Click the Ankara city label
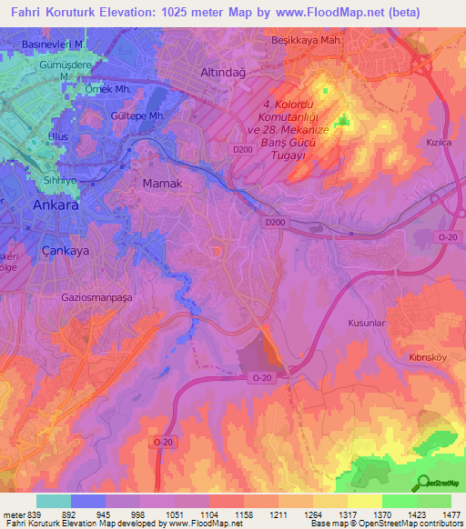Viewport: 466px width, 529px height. (x=56, y=205)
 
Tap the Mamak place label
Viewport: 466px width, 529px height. (x=164, y=184)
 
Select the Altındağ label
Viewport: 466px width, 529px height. (x=223, y=72)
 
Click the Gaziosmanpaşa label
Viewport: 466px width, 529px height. (x=98, y=297)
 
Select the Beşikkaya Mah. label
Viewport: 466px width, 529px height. (x=306, y=41)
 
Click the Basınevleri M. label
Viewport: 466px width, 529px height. (x=54, y=44)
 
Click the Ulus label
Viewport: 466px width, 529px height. (x=58, y=137)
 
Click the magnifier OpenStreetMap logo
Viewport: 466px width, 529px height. (x=421, y=483)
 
